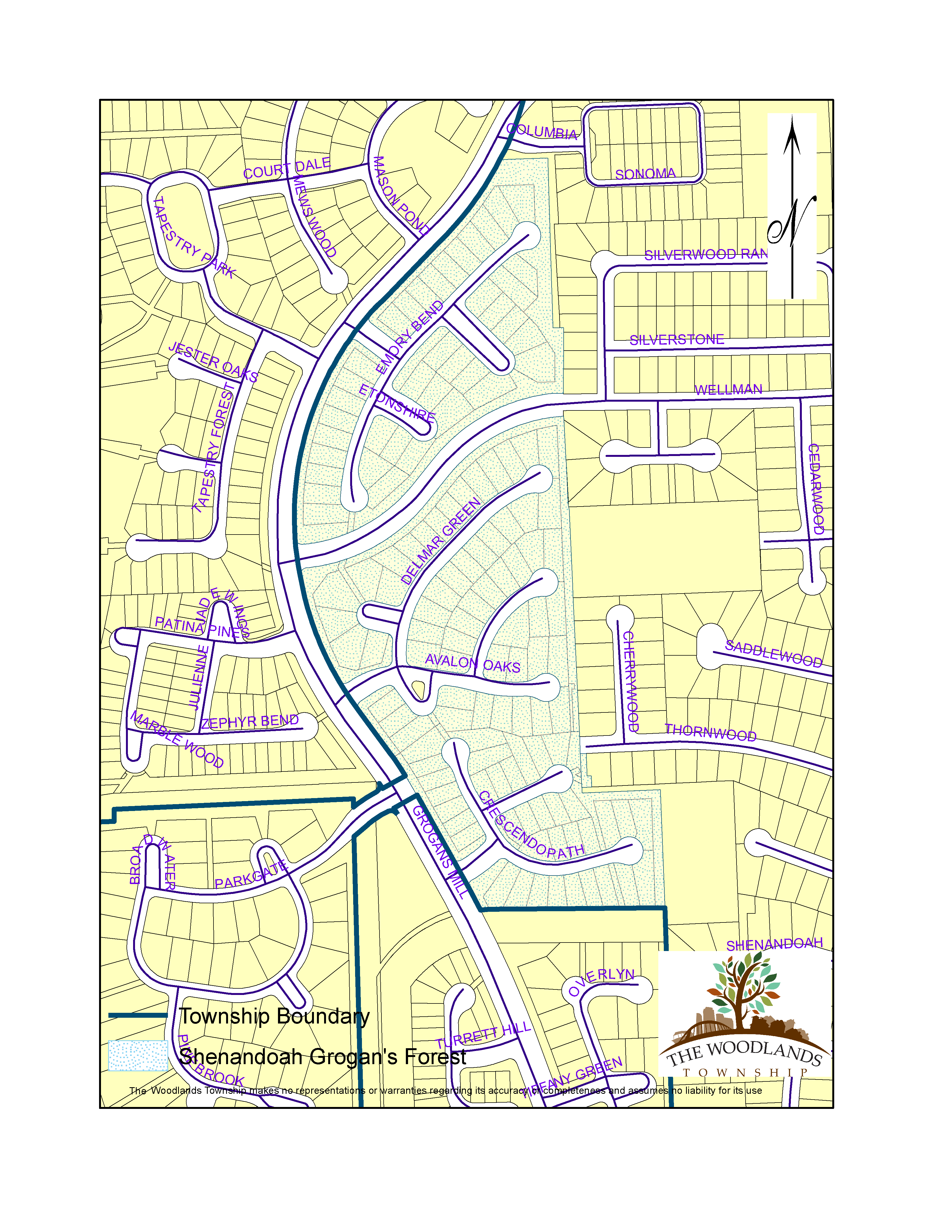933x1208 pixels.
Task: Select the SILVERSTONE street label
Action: (x=676, y=340)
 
